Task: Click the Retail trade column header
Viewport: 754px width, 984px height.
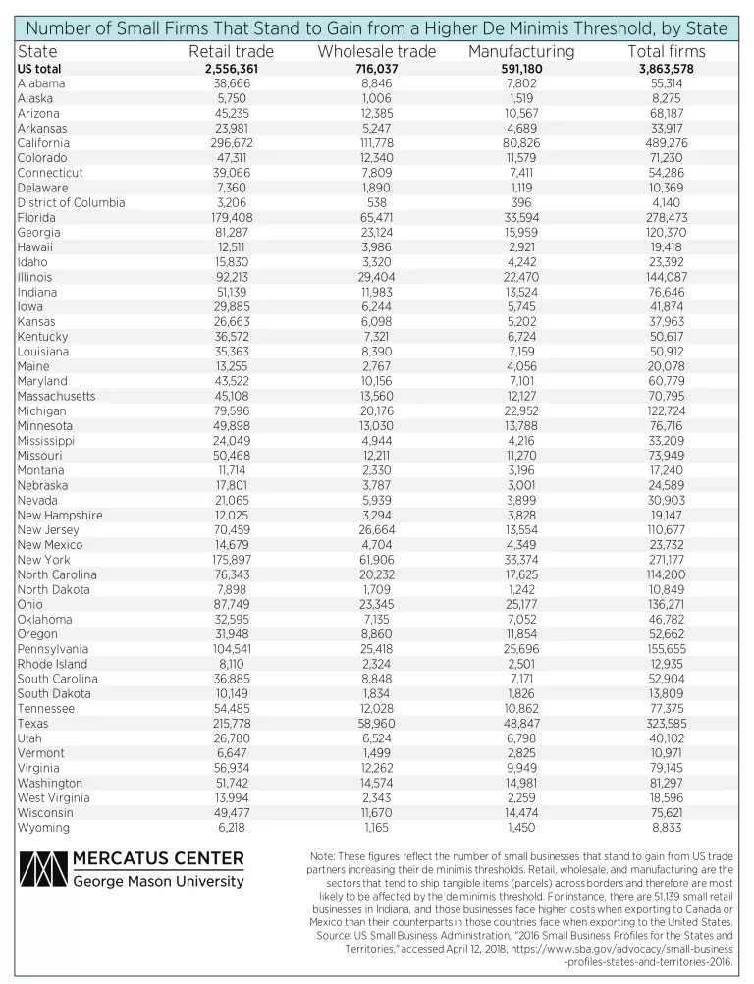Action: (231, 51)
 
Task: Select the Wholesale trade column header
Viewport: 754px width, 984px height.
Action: (377, 51)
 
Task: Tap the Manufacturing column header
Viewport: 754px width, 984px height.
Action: (521, 51)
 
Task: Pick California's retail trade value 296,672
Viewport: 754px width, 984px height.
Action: (231, 143)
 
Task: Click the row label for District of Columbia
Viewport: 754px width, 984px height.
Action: (72, 202)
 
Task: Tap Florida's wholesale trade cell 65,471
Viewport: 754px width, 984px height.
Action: (377, 217)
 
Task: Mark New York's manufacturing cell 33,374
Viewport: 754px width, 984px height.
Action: (521, 560)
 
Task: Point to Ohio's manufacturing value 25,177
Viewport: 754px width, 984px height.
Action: (521, 604)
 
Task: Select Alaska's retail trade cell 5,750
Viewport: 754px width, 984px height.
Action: (231, 98)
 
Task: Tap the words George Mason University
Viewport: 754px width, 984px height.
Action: (158, 881)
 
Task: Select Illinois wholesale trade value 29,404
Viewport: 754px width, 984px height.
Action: (377, 277)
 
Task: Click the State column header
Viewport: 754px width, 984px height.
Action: (38, 51)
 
